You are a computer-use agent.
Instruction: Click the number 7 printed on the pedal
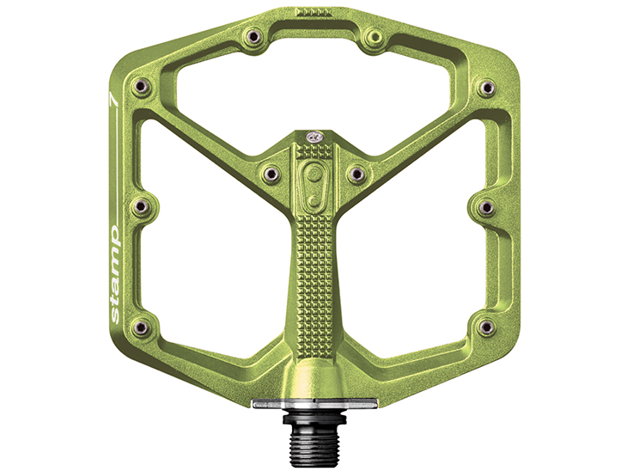pos(114,100)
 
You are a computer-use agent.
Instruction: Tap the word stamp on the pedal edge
pos(114,274)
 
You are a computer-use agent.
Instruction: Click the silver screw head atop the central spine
pos(313,138)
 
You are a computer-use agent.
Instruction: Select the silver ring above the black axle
pos(315,404)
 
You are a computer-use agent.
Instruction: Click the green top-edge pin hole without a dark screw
pos(375,37)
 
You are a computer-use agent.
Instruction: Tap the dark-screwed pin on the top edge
pos(253,36)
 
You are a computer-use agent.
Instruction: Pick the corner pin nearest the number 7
pos(141,86)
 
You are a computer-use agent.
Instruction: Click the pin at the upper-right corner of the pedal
pos(486,87)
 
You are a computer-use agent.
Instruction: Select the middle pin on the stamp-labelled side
pos(141,206)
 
